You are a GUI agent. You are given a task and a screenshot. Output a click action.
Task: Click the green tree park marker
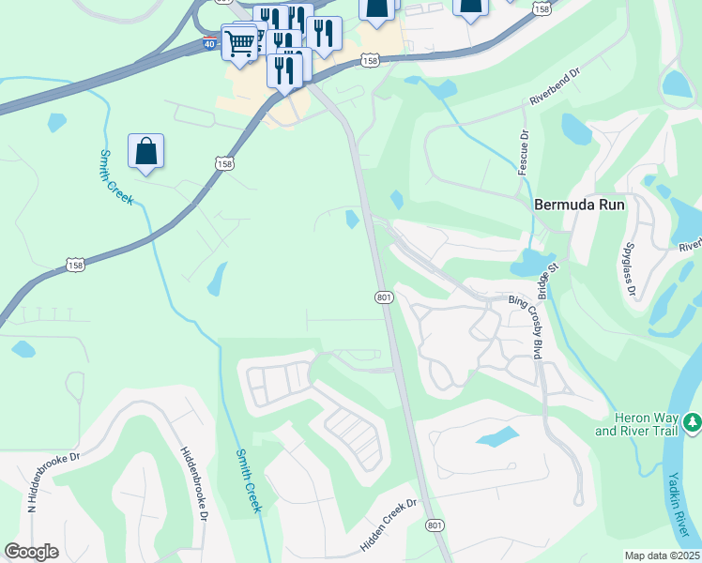click(693, 423)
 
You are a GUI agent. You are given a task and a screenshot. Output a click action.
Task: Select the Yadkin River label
click(679, 508)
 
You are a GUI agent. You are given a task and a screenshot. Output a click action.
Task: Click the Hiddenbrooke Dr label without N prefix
click(193, 484)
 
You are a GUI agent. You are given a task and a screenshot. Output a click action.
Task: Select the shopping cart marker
click(240, 43)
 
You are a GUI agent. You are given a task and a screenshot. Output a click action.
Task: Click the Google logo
click(32, 552)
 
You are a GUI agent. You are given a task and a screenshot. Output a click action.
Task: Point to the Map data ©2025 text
click(662, 555)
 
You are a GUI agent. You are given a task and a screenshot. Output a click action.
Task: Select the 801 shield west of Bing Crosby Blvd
click(384, 296)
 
